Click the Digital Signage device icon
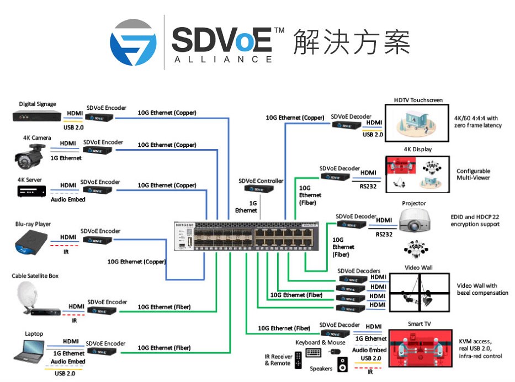click(36, 116)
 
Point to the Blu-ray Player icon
click(31, 242)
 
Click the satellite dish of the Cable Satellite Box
click(26, 293)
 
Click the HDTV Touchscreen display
click(418, 123)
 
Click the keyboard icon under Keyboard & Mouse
click(314, 352)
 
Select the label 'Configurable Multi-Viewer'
click(473, 174)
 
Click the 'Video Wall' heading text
click(419, 268)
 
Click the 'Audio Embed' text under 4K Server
click(68, 199)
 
